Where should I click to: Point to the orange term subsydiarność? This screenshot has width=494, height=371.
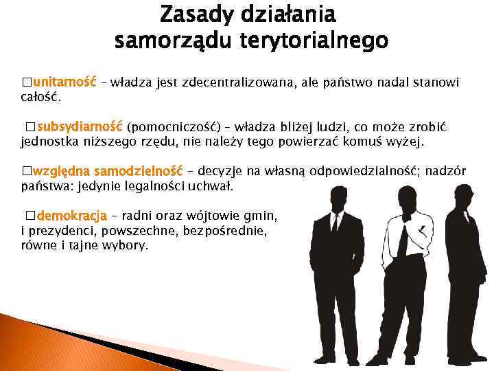[x=79, y=127]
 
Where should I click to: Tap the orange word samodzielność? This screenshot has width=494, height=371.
[x=137, y=171]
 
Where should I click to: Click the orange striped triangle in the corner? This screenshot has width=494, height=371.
[x=27, y=344]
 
